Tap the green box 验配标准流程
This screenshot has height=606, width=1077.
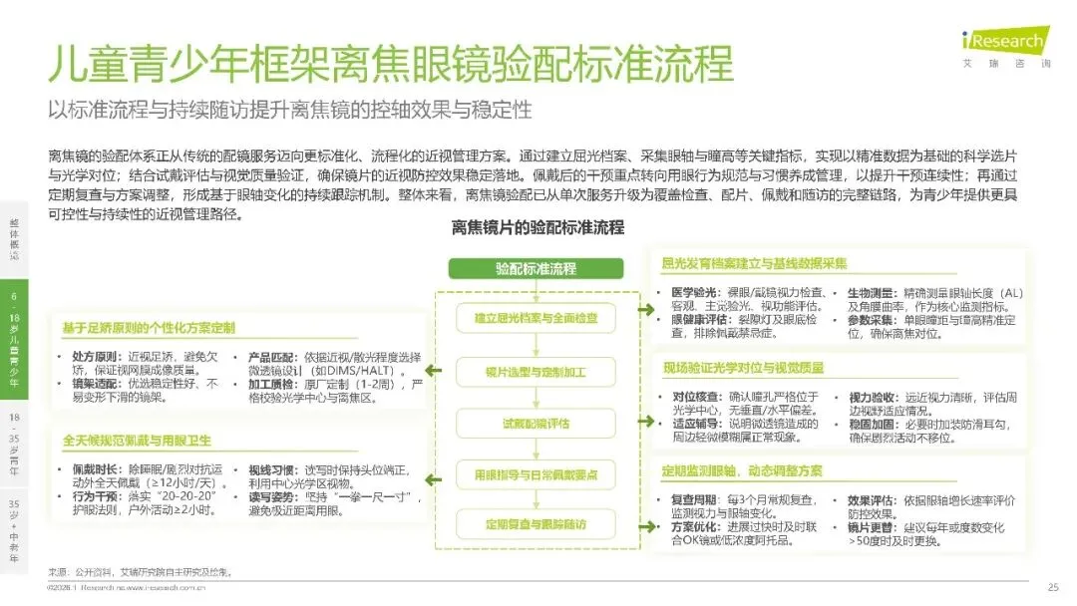(x=536, y=269)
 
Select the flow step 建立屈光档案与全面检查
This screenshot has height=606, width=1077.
(x=536, y=318)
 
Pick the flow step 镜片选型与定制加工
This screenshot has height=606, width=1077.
(x=536, y=371)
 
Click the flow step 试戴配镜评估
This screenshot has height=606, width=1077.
(x=536, y=423)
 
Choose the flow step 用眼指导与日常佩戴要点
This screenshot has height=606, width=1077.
(x=536, y=474)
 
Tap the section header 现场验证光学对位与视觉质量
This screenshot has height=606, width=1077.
(x=743, y=368)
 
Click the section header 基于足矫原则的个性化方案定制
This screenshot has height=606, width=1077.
(x=149, y=327)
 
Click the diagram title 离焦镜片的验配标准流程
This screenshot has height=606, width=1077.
(x=538, y=228)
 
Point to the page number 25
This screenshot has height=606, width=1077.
(x=1052, y=587)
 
